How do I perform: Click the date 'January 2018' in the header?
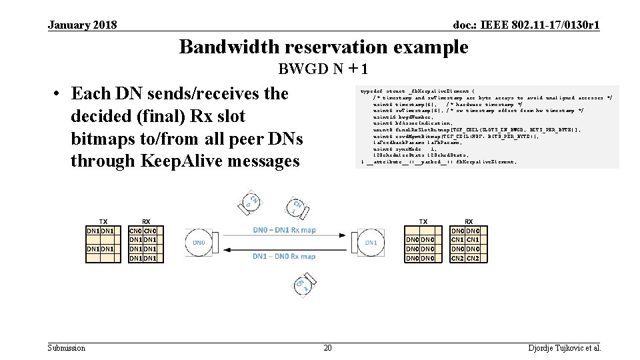click(82, 25)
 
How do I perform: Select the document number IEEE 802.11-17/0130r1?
click(526, 25)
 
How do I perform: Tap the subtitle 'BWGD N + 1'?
click(323, 69)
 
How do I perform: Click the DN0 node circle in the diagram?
click(199, 243)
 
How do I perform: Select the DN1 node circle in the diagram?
click(371, 243)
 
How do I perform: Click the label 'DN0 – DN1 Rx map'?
click(285, 230)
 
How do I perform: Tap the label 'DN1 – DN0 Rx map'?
click(285, 256)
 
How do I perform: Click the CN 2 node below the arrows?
click(301, 285)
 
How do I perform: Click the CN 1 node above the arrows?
click(298, 206)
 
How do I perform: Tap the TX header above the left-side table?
click(103, 221)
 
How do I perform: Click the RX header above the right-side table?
click(469, 221)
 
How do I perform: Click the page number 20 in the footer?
click(327, 348)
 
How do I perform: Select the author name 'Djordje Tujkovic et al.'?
click(565, 348)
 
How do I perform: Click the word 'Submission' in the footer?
click(67, 348)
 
